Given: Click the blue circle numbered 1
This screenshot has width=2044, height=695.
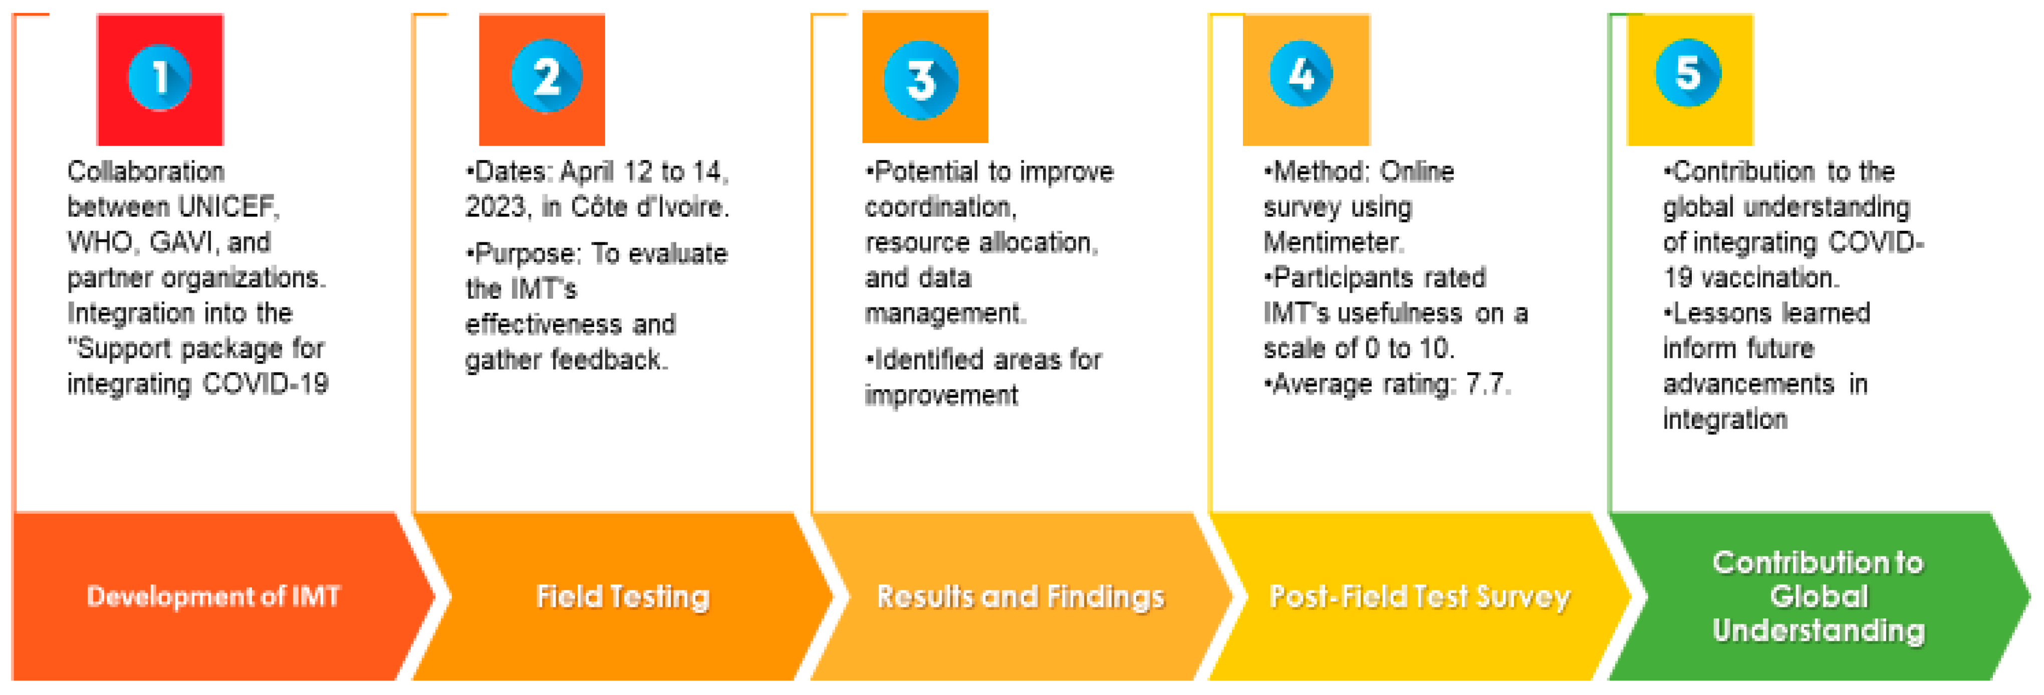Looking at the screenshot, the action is [159, 78].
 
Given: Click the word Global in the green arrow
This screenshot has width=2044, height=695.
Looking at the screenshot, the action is [1819, 596].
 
